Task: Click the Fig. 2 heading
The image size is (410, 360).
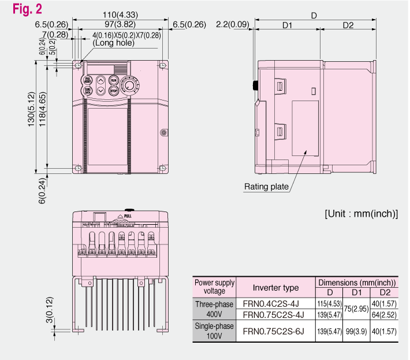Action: tap(26, 9)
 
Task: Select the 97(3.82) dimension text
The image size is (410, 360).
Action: tap(121, 24)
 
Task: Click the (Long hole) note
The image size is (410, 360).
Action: tap(113, 43)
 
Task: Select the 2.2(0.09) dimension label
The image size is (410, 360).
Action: tap(232, 24)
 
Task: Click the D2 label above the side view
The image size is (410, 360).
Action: tap(348, 25)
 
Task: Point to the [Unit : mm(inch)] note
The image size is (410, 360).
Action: tap(361, 213)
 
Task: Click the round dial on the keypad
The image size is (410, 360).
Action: tap(130, 86)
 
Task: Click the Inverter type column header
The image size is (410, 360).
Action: tap(275, 287)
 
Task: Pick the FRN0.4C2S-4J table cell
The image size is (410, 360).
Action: tap(275, 303)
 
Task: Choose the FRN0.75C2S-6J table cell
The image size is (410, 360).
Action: tap(275, 331)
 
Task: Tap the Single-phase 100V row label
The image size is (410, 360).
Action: tap(214, 331)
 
